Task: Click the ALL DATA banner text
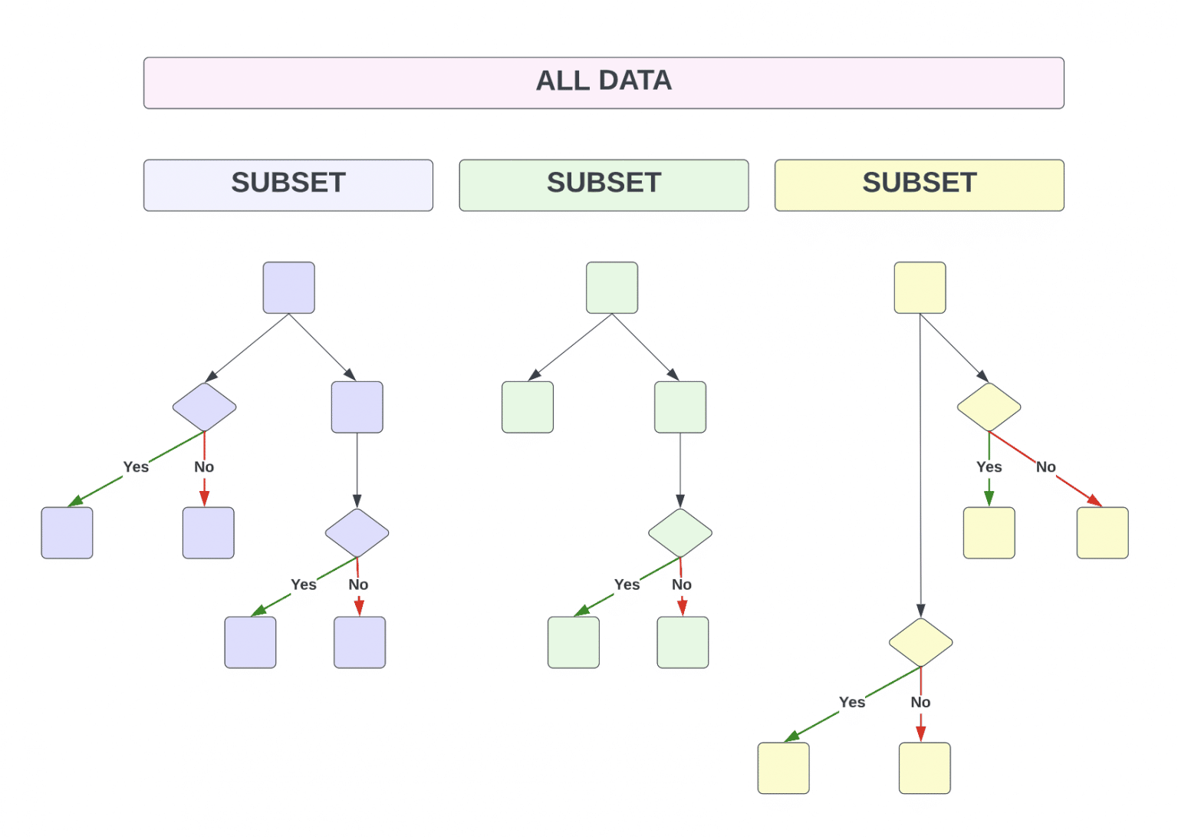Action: (604, 81)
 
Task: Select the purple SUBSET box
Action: (288, 185)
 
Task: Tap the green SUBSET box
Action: (604, 185)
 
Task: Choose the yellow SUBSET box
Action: (920, 185)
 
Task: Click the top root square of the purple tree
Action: (288, 288)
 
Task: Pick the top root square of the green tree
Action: (612, 288)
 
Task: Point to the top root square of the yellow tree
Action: (920, 288)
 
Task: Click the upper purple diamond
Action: (205, 407)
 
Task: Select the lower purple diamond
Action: (357, 532)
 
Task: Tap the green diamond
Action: (680, 532)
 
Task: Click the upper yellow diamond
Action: (989, 407)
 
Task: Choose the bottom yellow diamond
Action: (921, 642)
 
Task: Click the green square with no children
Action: (528, 407)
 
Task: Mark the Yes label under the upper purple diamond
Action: (136, 466)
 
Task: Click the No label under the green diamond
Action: (682, 585)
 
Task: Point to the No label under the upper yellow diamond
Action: (1045, 466)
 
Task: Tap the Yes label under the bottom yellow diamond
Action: (852, 702)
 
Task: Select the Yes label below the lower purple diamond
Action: (304, 585)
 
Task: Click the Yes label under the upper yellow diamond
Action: (989, 466)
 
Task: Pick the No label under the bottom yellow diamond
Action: (920, 702)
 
